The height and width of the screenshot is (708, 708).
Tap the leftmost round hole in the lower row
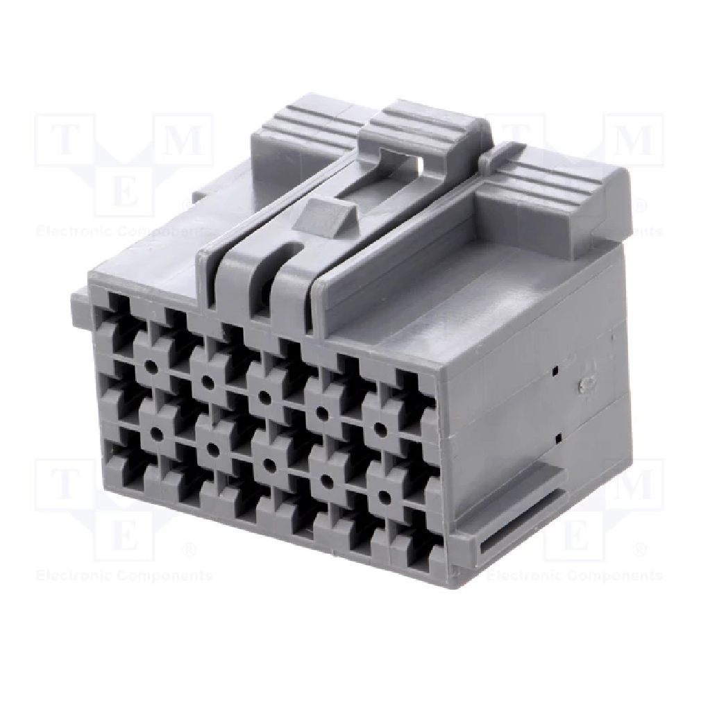pyautogui.click(x=155, y=434)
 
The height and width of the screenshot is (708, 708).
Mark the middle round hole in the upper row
pyautogui.click(x=264, y=396)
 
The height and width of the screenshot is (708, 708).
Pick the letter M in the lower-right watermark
pyautogui.click(x=635, y=485)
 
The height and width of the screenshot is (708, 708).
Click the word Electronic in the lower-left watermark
pyautogui.click(x=74, y=575)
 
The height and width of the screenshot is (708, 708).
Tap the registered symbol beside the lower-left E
pyautogui.click(x=187, y=550)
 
